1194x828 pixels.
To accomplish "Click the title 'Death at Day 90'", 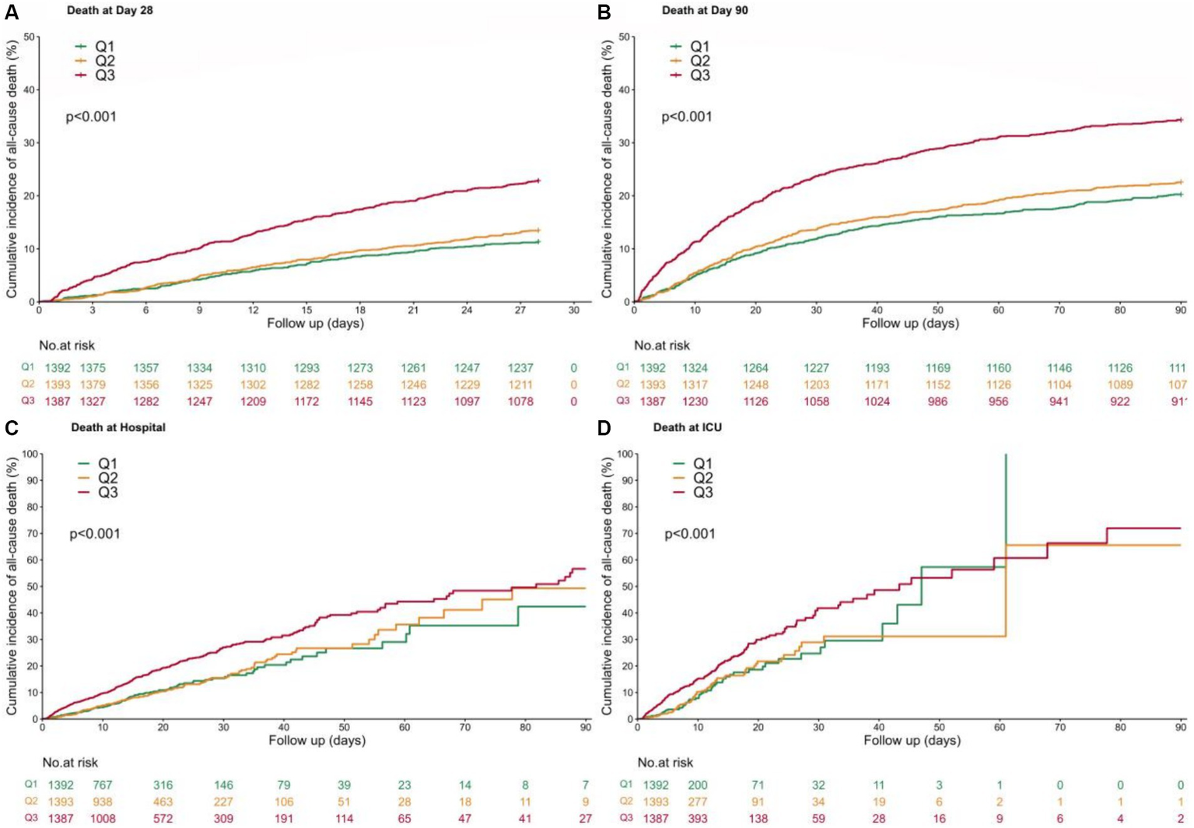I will click(x=705, y=10).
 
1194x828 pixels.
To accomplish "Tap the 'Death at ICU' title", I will click(x=687, y=427).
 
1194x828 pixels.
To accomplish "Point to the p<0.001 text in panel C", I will click(x=95, y=534).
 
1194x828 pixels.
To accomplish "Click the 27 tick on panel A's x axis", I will click(x=520, y=310).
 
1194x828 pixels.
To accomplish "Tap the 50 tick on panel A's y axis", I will click(x=30, y=37).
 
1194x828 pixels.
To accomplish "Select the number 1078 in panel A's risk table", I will click(x=520, y=402).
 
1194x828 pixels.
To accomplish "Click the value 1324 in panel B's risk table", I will click(x=695, y=368).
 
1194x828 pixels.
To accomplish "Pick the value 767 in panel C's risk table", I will click(x=103, y=785).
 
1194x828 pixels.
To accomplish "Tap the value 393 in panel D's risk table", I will click(x=698, y=819).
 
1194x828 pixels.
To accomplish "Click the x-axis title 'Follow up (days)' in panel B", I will click(x=910, y=323).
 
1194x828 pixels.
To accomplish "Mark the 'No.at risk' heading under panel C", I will click(x=70, y=763).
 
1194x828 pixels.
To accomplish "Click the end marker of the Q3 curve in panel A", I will click(x=537, y=181).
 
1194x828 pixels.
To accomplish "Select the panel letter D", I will click(x=604, y=430).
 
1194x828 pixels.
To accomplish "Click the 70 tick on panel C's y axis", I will click(x=32, y=533).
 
